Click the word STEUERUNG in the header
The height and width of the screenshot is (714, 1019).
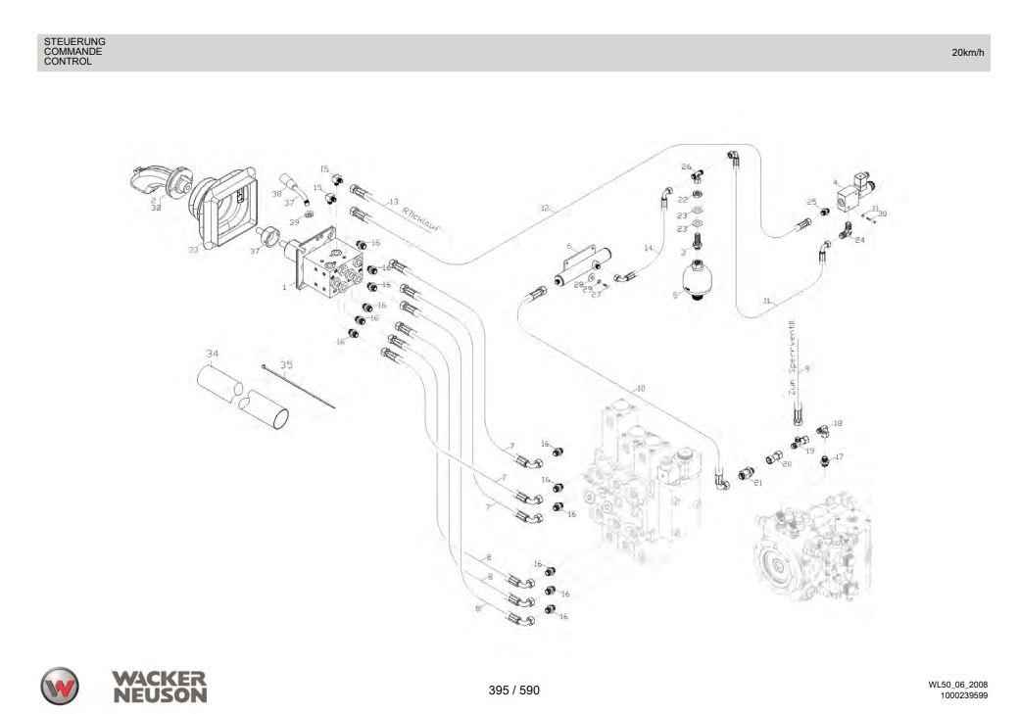point(74,41)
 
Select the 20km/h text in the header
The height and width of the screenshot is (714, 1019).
point(968,52)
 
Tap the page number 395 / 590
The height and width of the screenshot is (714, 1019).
point(513,690)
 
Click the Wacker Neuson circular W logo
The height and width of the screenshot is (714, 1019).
point(60,686)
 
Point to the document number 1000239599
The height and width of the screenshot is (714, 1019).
point(963,696)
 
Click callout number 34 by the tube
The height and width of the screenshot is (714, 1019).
point(212,352)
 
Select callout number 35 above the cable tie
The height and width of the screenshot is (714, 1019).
point(286,364)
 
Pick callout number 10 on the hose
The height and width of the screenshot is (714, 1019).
point(640,389)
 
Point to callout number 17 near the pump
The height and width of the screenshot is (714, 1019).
point(839,456)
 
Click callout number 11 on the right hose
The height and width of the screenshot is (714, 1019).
point(768,300)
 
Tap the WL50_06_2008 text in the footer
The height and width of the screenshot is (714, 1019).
point(957,685)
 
